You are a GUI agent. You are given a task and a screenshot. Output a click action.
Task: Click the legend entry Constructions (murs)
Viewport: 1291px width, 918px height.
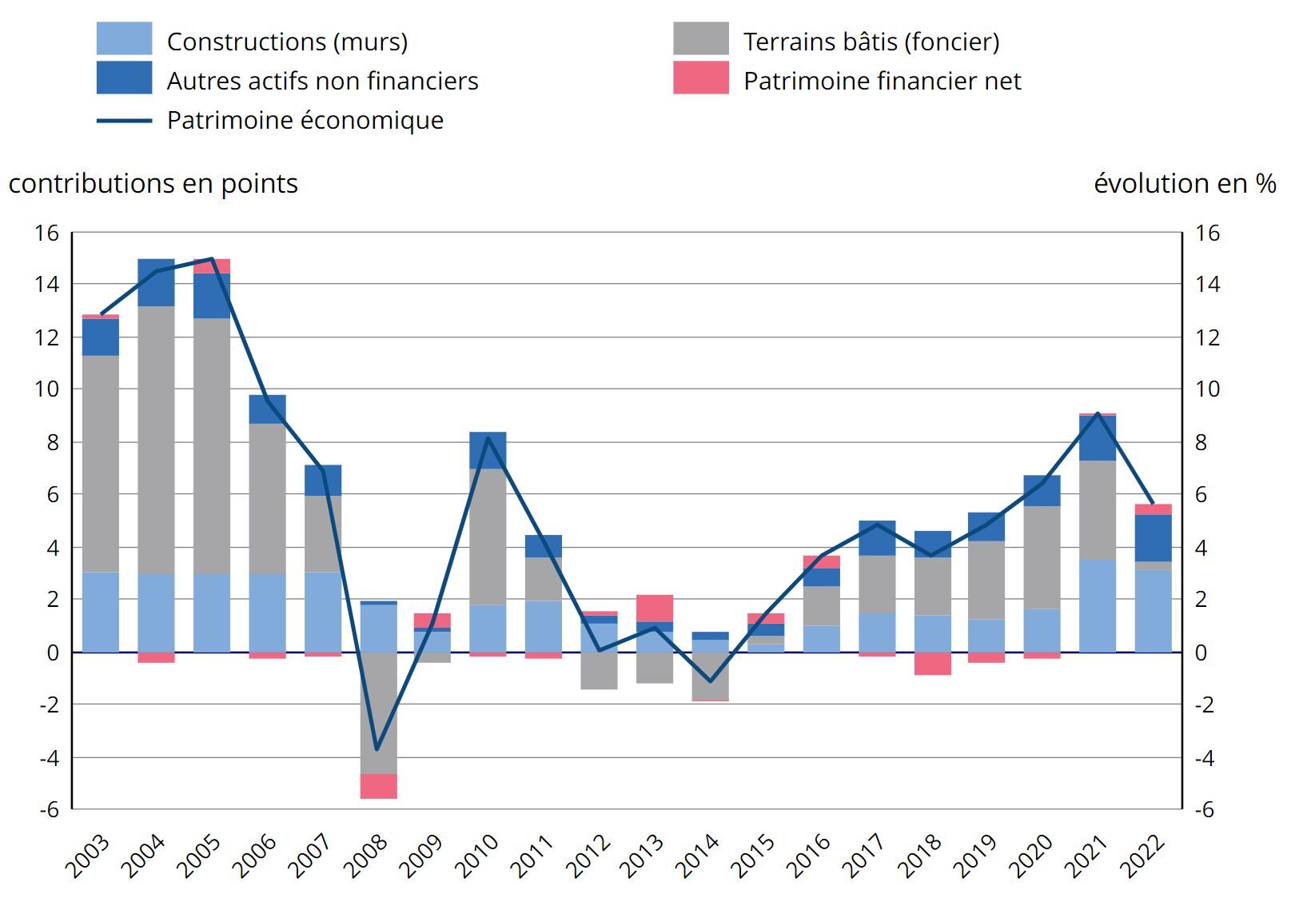click(287, 42)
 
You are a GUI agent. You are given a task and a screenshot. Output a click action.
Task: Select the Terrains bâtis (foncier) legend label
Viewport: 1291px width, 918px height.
click(871, 42)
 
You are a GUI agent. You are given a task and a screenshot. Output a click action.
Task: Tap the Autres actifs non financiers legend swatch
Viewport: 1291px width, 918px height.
click(124, 78)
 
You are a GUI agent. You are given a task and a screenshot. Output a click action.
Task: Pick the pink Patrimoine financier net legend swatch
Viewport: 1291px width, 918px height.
click(700, 78)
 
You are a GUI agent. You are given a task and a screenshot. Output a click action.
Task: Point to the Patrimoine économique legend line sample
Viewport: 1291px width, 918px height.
click(124, 121)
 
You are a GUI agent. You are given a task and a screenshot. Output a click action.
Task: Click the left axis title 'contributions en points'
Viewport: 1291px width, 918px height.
click(153, 184)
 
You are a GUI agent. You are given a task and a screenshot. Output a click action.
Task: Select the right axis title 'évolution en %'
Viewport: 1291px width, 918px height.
click(1184, 184)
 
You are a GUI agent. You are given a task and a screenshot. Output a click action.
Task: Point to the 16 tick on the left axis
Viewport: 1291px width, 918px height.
click(47, 233)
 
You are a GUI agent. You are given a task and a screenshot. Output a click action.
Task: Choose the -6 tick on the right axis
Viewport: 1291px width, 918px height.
click(1204, 809)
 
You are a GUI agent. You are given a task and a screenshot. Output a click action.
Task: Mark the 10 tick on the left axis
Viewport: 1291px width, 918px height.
click(47, 389)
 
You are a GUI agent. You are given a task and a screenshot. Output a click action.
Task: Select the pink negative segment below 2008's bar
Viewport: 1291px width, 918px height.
click(378, 786)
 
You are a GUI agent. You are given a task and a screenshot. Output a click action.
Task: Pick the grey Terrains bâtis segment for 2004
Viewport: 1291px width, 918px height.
click(156, 440)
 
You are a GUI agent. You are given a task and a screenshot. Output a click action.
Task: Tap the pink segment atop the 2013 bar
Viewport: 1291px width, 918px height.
click(655, 608)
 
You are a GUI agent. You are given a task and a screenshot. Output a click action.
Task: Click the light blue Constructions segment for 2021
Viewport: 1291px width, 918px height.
click(1098, 605)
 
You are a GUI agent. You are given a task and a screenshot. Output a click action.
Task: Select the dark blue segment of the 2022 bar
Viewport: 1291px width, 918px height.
click(1153, 538)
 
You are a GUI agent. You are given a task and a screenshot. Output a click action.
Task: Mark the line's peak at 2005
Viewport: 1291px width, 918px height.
click(212, 259)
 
